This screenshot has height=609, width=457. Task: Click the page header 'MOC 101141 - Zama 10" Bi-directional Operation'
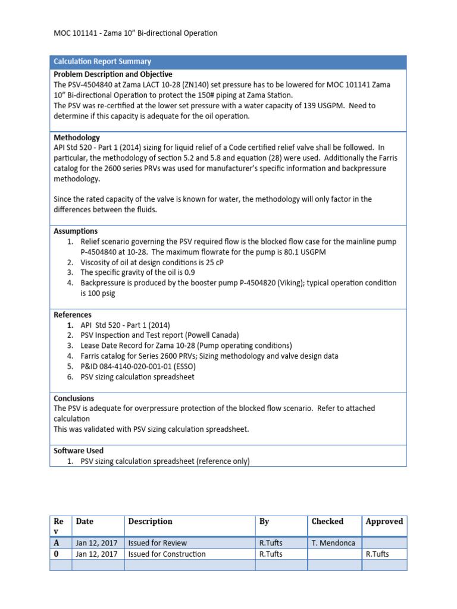[x=136, y=33]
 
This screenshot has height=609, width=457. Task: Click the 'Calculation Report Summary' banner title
[x=102, y=62]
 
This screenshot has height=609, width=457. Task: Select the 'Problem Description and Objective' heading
[x=113, y=74]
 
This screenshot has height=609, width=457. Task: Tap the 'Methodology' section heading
[x=77, y=137]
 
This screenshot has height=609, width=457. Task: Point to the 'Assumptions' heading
[x=76, y=231]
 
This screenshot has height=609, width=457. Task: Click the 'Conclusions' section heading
[x=74, y=398]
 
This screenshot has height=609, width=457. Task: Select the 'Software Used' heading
[x=79, y=450]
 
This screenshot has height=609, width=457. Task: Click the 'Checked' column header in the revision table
[x=327, y=521]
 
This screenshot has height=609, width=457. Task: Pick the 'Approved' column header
[x=384, y=521]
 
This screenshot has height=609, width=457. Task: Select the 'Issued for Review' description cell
[x=157, y=542]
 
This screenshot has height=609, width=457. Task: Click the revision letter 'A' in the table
[x=57, y=542]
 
